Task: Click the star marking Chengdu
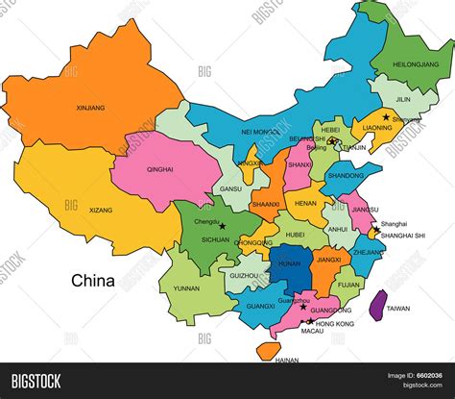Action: [223, 227]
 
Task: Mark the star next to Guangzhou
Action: [304, 307]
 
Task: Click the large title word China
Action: [93, 282]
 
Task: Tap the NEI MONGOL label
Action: [260, 131]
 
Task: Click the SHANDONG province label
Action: [346, 175]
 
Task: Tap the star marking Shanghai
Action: [374, 229]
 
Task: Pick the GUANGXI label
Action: [260, 306]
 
